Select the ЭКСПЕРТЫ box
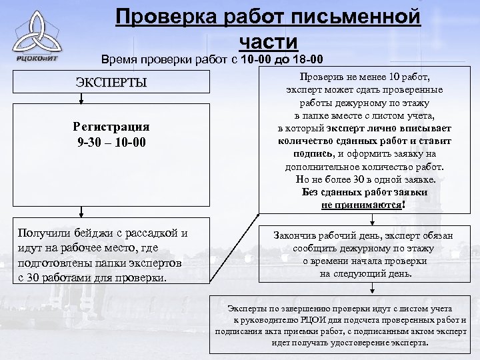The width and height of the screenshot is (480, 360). (x=110, y=83)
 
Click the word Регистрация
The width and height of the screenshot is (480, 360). (x=111, y=127)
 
